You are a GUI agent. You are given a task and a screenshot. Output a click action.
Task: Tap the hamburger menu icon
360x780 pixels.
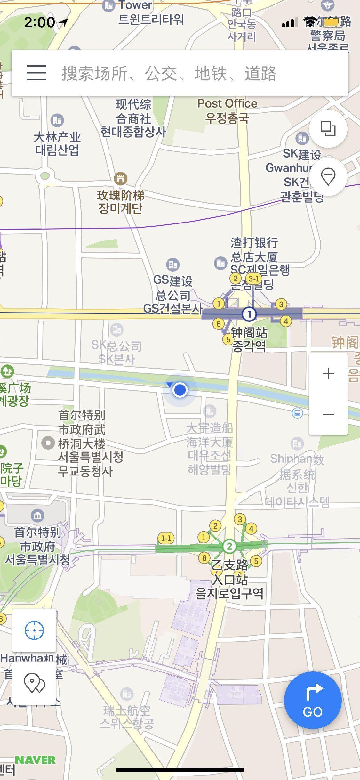36,73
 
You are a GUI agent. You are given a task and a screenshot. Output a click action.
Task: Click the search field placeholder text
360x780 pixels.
169,73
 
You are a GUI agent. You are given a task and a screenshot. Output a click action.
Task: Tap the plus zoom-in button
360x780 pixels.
328,373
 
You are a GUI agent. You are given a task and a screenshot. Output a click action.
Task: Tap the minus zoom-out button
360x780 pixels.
328,414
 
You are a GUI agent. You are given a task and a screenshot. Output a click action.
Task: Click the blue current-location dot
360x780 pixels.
180,390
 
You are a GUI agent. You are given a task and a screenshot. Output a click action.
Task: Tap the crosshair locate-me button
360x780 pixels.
34,630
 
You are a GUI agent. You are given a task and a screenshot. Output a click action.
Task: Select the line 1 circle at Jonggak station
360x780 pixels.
249,314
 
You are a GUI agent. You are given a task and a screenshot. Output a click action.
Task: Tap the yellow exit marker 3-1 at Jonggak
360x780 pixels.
254,279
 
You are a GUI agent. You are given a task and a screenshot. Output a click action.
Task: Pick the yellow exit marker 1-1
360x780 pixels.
166,538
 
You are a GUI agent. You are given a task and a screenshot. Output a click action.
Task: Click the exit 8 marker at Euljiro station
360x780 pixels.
204,558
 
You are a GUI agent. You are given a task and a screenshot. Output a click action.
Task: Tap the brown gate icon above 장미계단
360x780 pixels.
121,178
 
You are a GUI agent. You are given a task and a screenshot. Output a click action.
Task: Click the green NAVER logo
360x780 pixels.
35,760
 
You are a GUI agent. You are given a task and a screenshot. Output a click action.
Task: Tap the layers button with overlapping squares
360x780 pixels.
328,129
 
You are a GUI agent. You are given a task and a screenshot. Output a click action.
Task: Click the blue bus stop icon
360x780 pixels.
298,413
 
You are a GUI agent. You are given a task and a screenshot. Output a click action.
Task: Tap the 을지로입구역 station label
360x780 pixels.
229,593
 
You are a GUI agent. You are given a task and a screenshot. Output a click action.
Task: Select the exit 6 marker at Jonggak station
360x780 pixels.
218,324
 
